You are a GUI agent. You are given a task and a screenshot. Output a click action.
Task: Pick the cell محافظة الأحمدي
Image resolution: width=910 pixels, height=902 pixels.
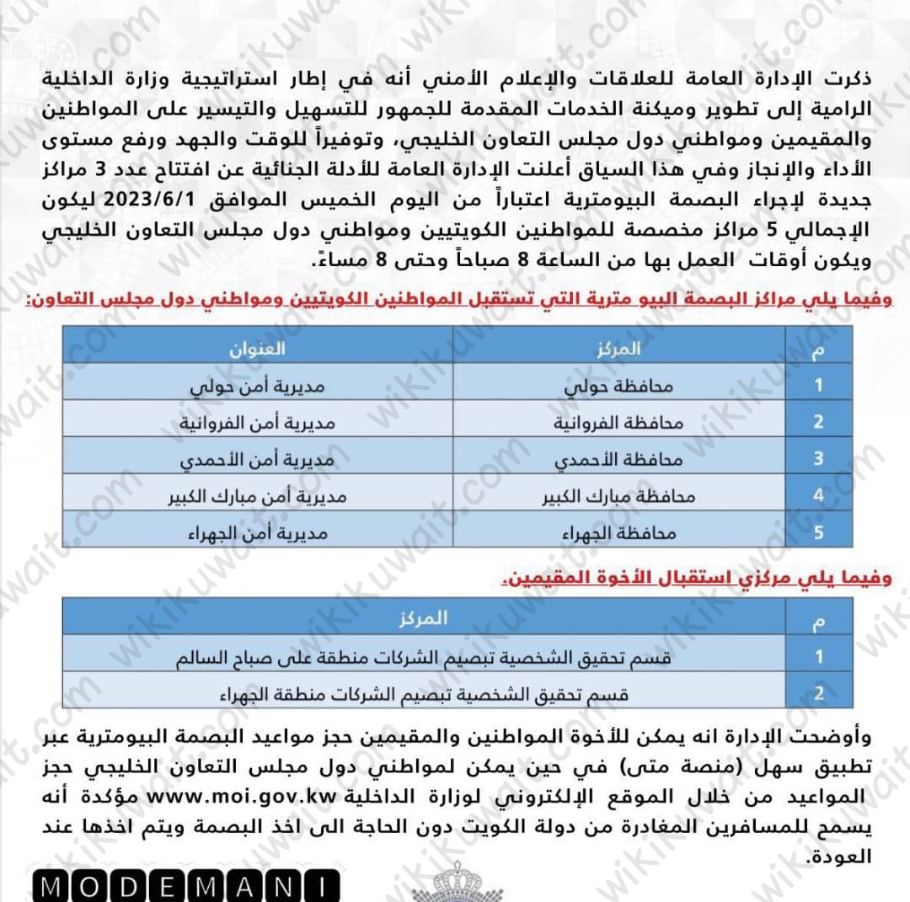point(618,460)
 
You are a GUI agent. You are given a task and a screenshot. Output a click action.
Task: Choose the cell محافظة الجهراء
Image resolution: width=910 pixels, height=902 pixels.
point(619,534)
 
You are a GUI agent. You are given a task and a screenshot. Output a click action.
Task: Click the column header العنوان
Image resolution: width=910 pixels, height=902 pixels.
point(257,348)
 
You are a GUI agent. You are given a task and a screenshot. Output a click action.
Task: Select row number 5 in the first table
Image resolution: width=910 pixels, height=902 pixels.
point(817,534)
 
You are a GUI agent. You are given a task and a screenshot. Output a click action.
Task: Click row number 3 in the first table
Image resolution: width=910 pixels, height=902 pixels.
point(817,460)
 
